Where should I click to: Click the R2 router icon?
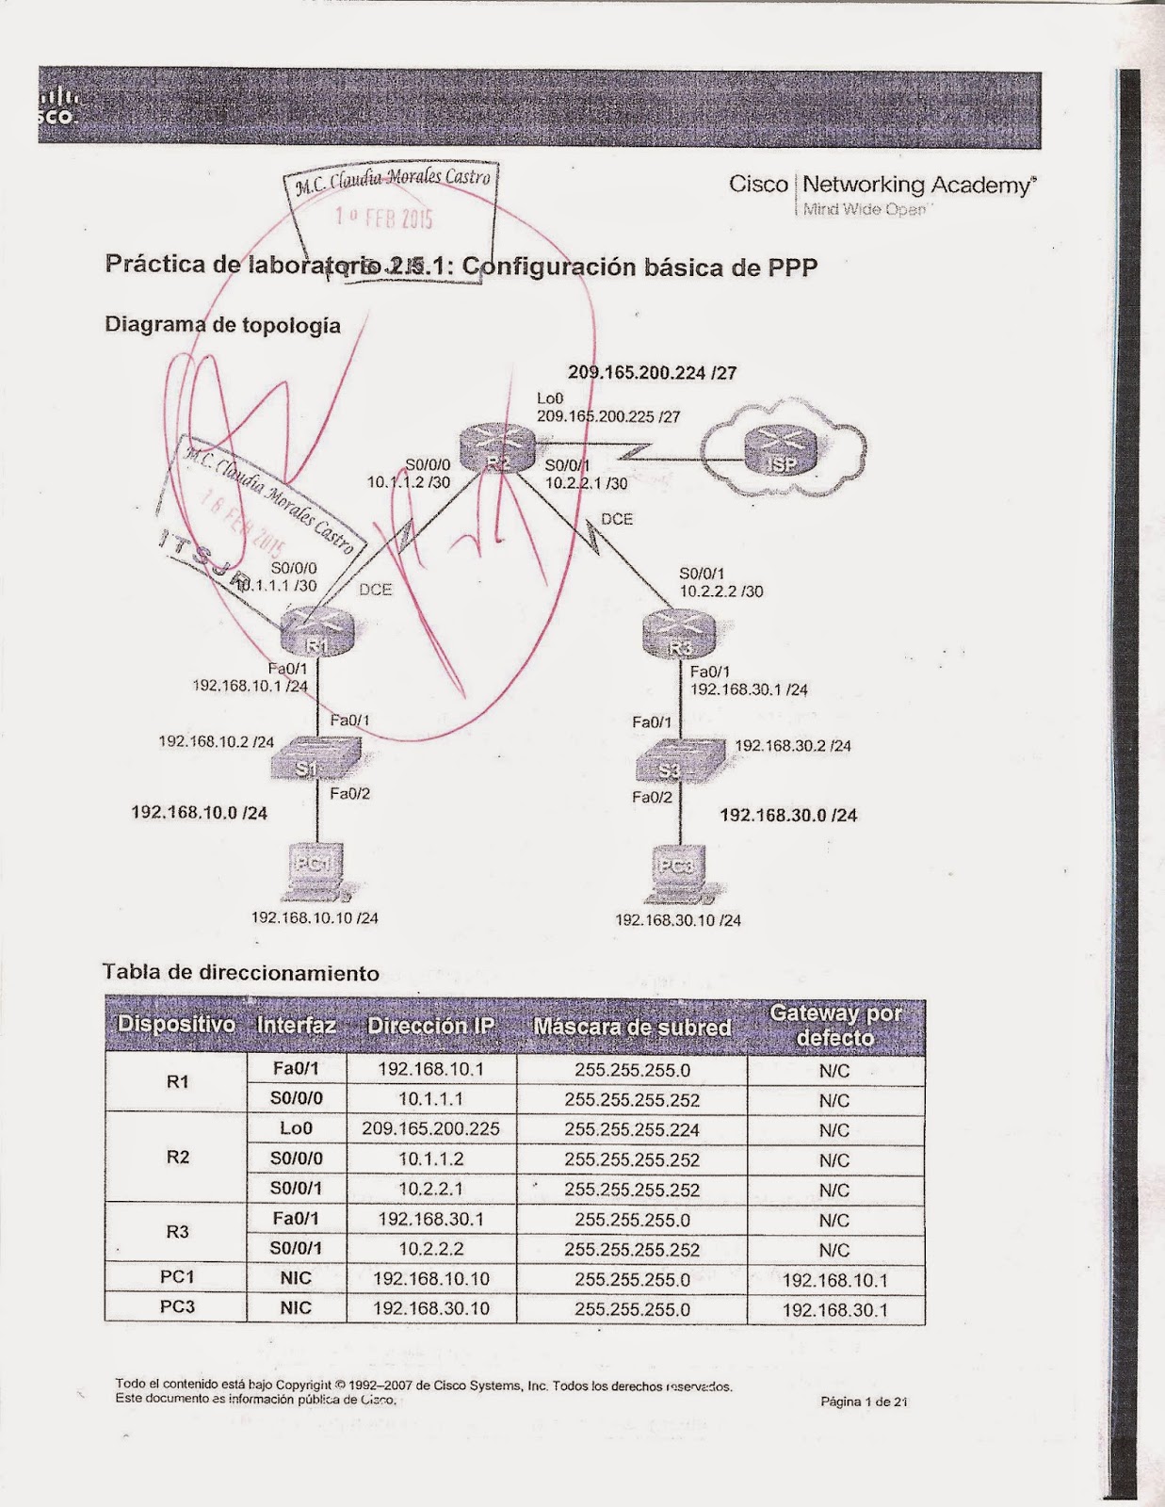pyautogui.click(x=497, y=446)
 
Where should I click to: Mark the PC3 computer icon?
pyautogui.click(x=676, y=871)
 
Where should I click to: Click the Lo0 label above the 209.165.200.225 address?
pyautogui.click(x=550, y=398)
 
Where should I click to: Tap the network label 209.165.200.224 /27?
pyautogui.click(x=652, y=373)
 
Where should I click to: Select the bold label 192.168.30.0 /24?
pyautogui.click(x=788, y=815)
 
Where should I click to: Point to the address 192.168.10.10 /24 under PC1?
pyautogui.click(x=315, y=917)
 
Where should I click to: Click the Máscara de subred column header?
pyautogui.click(x=632, y=1027)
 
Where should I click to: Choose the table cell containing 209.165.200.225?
pyautogui.click(x=430, y=1128)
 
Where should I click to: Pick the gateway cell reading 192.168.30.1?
pyautogui.click(x=834, y=1309)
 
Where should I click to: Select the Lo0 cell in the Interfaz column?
pyautogui.click(x=296, y=1128)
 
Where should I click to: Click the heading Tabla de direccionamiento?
pyautogui.click(x=241, y=973)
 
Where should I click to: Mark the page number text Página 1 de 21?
pyautogui.click(x=864, y=1402)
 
